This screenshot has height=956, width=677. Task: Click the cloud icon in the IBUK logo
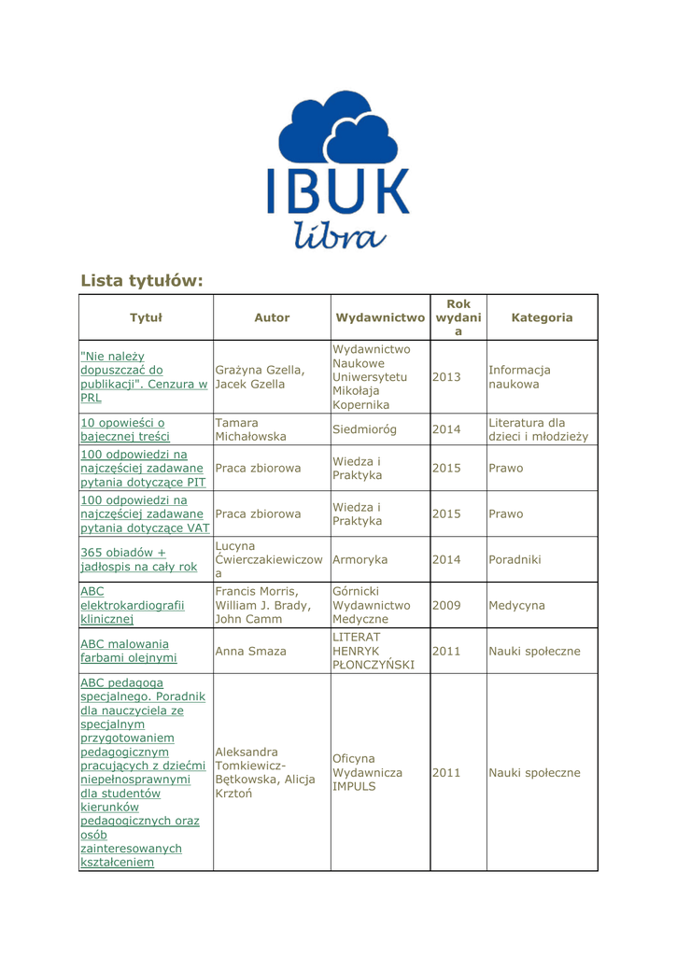337,130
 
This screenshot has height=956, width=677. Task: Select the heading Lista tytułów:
141,279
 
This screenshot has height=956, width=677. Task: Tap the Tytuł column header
146,317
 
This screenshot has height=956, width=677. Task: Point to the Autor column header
272,317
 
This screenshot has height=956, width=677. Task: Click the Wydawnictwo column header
380,317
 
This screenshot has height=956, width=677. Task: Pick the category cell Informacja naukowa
519,376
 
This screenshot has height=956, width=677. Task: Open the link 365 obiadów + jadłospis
138,559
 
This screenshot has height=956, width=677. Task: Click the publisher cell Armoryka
360,559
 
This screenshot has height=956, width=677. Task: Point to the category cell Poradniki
515,559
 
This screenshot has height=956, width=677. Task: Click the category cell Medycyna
516,605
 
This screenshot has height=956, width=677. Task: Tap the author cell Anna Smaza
251,651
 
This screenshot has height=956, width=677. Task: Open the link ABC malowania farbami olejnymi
124,651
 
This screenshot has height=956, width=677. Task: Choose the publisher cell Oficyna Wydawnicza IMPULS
367,772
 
